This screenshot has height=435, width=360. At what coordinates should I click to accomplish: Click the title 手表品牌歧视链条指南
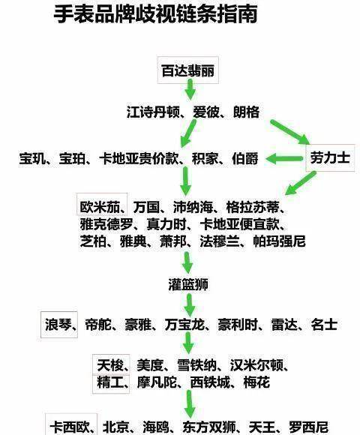click(155, 13)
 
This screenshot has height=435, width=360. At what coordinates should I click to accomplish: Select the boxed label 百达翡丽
click(188, 70)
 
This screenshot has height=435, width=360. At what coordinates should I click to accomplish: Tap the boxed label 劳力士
click(330, 157)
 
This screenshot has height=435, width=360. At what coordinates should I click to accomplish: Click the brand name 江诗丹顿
click(153, 112)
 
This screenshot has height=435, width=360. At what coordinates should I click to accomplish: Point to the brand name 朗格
click(247, 112)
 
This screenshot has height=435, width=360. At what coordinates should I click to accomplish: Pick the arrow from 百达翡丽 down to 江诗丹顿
click(190, 89)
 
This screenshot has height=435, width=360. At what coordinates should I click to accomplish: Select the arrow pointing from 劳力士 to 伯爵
click(284, 159)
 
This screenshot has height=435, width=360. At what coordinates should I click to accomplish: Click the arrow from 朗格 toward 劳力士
click(290, 132)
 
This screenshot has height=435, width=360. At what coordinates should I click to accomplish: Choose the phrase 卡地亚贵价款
click(139, 159)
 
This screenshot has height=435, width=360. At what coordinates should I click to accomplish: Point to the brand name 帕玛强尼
click(279, 241)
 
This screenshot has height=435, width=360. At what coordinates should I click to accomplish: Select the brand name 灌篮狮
click(188, 285)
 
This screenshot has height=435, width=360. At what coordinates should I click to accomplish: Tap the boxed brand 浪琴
click(58, 325)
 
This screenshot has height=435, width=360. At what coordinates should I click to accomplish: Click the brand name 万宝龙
click(184, 325)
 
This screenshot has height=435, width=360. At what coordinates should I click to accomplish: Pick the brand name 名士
click(324, 325)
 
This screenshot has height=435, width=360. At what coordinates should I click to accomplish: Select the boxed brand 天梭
click(110, 365)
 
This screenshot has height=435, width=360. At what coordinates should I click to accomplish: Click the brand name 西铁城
click(210, 382)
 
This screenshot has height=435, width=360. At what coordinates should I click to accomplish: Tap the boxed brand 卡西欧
click(70, 426)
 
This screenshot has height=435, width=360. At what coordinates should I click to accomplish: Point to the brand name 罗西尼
click(309, 427)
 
